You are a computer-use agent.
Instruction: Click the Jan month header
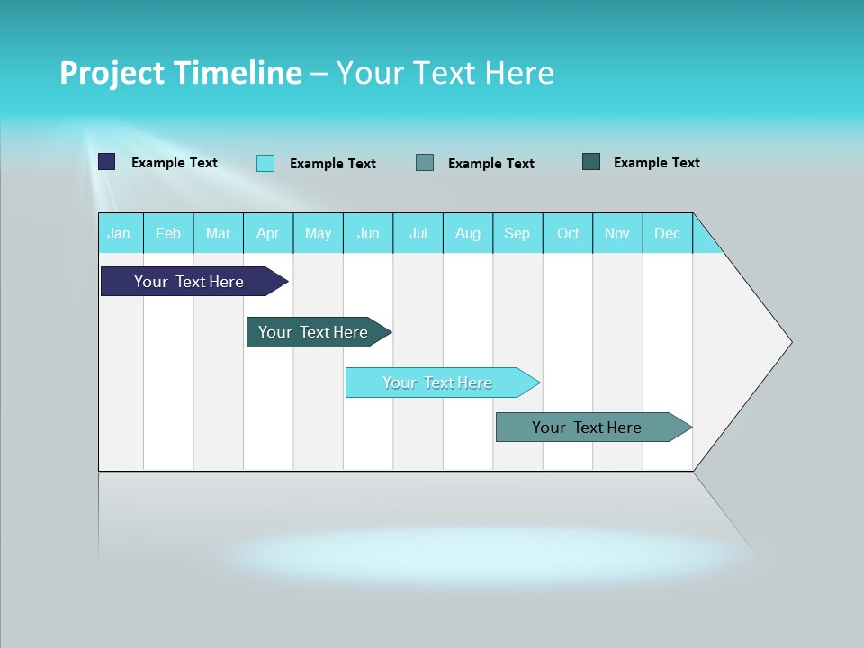pyautogui.click(x=120, y=233)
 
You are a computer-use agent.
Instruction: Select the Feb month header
pyautogui.click(x=168, y=233)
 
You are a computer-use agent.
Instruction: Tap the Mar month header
pyautogui.click(x=218, y=233)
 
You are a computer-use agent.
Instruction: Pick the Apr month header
pyautogui.click(x=268, y=233)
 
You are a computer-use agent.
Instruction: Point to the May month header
pyautogui.click(x=318, y=233)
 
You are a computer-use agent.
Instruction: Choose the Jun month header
pyautogui.click(x=368, y=233)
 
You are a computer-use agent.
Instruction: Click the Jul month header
pyautogui.click(x=418, y=233)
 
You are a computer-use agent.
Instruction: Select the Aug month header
pyautogui.click(x=468, y=233)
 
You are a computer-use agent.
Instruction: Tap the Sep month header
pyautogui.click(x=517, y=233)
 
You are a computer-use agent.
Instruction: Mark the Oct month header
pyautogui.click(x=568, y=233)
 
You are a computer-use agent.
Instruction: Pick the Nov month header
pyautogui.click(x=617, y=233)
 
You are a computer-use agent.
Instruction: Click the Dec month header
pyautogui.click(x=668, y=233)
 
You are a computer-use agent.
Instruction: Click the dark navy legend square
pyautogui.click(x=107, y=162)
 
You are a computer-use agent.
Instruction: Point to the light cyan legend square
pyautogui.click(x=265, y=163)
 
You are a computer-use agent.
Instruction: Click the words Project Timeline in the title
pyautogui.click(x=181, y=73)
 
